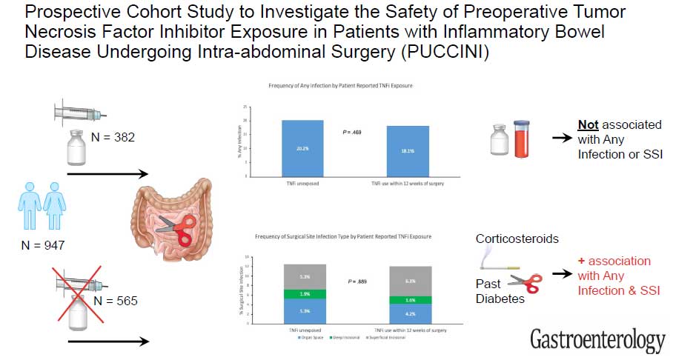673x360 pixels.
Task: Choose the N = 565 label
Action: coord(109,301)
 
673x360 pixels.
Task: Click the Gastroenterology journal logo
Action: coord(597,340)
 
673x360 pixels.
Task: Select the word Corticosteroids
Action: coord(517,240)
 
